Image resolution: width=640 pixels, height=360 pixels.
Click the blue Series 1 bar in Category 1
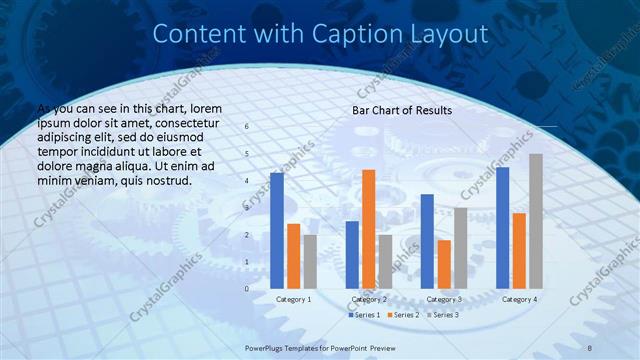[277, 231]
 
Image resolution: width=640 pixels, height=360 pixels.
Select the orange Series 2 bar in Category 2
[369, 229]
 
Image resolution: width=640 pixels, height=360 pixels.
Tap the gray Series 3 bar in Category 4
[536, 221]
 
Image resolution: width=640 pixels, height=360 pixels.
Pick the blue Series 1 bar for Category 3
[427, 241]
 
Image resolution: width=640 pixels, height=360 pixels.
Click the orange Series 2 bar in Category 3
[444, 264]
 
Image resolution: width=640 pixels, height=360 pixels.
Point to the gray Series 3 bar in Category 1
[310, 261]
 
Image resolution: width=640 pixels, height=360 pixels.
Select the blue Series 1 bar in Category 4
[502, 228]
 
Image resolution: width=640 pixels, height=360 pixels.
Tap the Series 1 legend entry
[365, 315]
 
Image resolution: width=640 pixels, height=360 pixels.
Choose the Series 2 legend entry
[402, 315]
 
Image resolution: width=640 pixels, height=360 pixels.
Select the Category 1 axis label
[293, 299]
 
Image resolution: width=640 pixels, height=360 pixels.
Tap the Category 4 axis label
[519, 299]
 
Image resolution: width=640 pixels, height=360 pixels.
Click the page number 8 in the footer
[590, 347]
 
